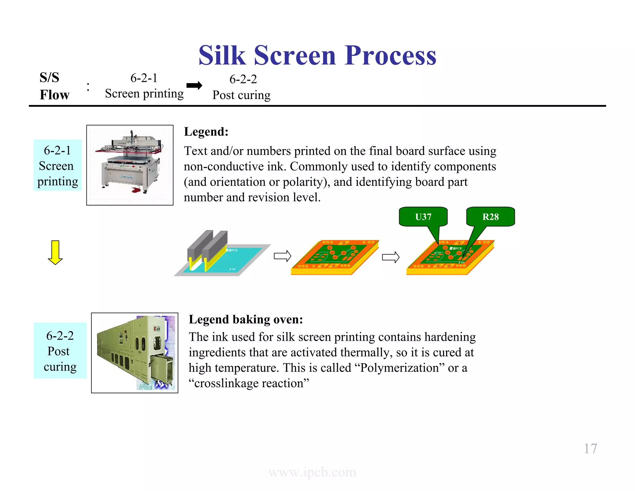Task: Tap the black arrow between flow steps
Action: [x=194, y=85]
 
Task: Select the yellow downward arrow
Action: [x=55, y=252]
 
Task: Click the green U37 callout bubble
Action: [x=423, y=217]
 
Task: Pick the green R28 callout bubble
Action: [x=491, y=217]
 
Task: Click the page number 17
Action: [x=590, y=448]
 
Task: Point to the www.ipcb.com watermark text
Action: [x=312, y=472]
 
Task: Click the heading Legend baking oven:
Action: [x=246, y=319]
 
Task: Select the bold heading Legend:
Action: [x=206, y=132]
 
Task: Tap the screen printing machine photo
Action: [x=130, y=165]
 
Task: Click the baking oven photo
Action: [x=135, y=353]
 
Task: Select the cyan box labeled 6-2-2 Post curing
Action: [x=60, y=351]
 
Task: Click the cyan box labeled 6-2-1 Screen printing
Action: [x=57, y=165]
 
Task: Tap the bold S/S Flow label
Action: [x=54, y=86]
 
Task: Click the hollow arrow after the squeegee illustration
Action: [x=282, y=256]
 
